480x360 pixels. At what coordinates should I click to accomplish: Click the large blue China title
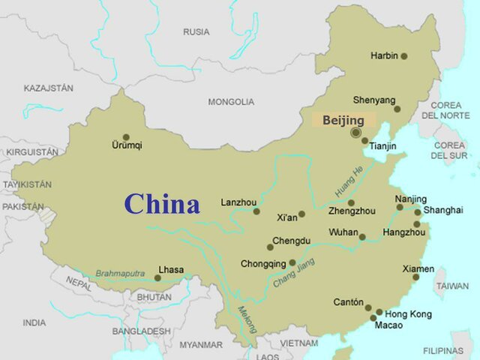coord(162,204)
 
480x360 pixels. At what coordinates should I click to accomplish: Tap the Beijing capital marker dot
coord(355,133)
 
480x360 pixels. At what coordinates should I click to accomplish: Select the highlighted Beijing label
coord(343,120)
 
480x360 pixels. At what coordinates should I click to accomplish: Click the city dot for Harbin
coord(403,56)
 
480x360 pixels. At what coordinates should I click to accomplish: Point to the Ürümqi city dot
coord(126,137)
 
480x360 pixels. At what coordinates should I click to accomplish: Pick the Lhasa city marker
coord(157,278)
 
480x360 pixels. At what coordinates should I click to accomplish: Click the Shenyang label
coord(373,100)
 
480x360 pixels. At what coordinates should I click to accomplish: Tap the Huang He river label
coord(348,181)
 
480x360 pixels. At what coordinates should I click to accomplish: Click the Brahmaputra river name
coord(120,274)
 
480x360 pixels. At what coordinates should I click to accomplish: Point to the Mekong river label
coord(247,319)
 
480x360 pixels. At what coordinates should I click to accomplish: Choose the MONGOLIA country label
coord(231,102)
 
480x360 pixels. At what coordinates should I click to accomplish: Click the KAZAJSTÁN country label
coord(49,88)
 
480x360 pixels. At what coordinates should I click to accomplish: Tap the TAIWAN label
coord(452,286)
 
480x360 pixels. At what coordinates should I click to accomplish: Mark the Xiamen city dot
coord(415,277)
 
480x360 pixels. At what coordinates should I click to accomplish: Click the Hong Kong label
coord(409,313)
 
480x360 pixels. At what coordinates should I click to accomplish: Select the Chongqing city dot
coord(292,263)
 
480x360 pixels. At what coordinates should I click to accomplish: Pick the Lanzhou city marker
coord(256,211)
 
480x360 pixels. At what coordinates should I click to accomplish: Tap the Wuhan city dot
coord(362,237)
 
